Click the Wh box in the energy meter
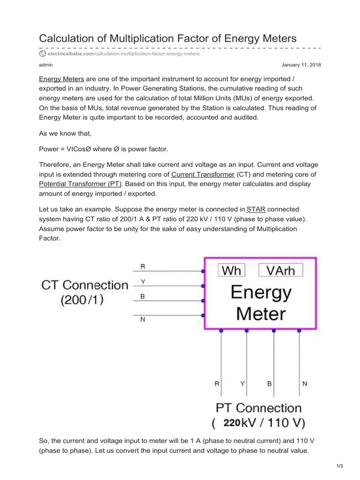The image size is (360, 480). [231, 270]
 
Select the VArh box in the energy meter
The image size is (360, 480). [280, 270]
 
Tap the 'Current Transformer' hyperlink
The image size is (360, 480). [202, 174]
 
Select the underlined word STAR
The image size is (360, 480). [256, 209]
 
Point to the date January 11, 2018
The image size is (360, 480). [301, 65]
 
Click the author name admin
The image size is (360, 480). [45, 65]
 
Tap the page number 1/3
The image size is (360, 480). [340, 465]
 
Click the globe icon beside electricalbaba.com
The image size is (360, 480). [43, 54]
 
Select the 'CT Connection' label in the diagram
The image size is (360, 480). [85, 285]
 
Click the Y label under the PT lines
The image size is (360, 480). [242, 383]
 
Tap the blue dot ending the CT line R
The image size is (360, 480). [202, 271]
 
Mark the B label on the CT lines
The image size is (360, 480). [143, 297]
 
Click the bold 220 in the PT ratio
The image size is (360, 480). [232, 423]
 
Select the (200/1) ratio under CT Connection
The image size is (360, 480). [82, 300]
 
